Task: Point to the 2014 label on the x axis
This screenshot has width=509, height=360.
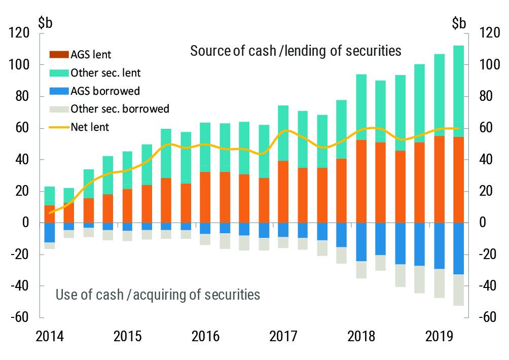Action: pyautogui.click(x=49, y=336)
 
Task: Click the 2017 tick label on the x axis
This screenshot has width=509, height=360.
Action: pyautogui.click(x=284, y=336)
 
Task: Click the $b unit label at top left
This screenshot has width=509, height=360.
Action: pyautogui.click(x=45, y=23)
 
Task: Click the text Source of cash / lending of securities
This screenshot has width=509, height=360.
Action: pyautogui.click(x=296, y=51)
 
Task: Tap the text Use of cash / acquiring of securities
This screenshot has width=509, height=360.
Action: pyautogui.click(x=158, y=295)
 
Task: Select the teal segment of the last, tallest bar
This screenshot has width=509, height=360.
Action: pyautogui.click(x=458, y=91)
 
